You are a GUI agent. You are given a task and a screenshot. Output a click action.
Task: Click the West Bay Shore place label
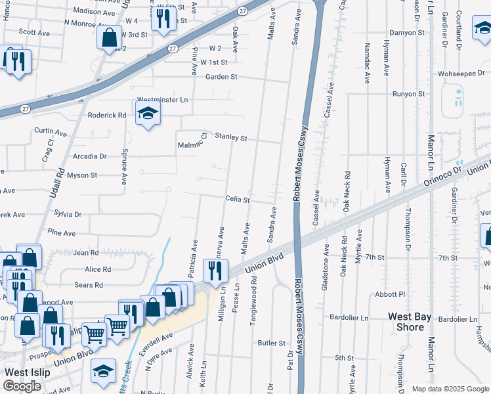410,321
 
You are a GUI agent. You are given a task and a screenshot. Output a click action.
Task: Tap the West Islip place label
28,372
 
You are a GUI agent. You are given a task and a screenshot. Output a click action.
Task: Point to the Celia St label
238,199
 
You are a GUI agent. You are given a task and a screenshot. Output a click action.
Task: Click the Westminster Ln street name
162,100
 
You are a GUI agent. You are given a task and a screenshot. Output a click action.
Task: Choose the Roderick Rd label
107,115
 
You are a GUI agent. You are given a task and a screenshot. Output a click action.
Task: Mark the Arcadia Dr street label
90,156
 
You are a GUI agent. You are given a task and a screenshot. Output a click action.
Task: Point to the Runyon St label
408,94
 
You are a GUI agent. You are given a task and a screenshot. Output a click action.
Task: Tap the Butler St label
272,343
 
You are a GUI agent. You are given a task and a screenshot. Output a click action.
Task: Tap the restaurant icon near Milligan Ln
215,269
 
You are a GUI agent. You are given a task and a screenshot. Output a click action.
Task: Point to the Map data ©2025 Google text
450,389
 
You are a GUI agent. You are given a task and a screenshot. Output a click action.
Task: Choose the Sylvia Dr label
68,214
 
